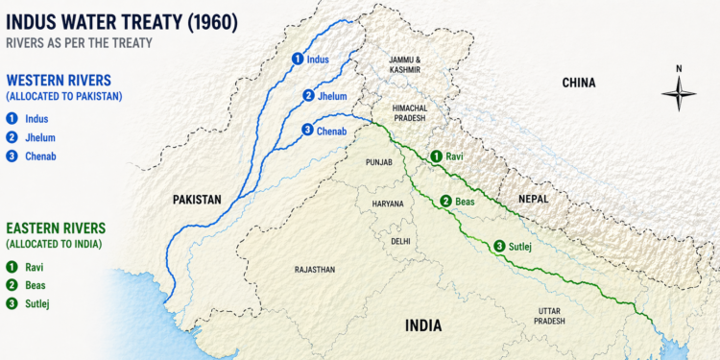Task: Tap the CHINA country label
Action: point(578,84)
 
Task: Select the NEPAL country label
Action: point(533,199)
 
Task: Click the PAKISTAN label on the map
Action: point(197,200)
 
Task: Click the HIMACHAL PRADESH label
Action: point(404,115)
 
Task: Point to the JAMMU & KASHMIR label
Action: point(404,65)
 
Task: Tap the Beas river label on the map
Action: point(466,202)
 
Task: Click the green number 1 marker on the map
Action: point(435,156)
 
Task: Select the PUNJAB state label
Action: point(379,163)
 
